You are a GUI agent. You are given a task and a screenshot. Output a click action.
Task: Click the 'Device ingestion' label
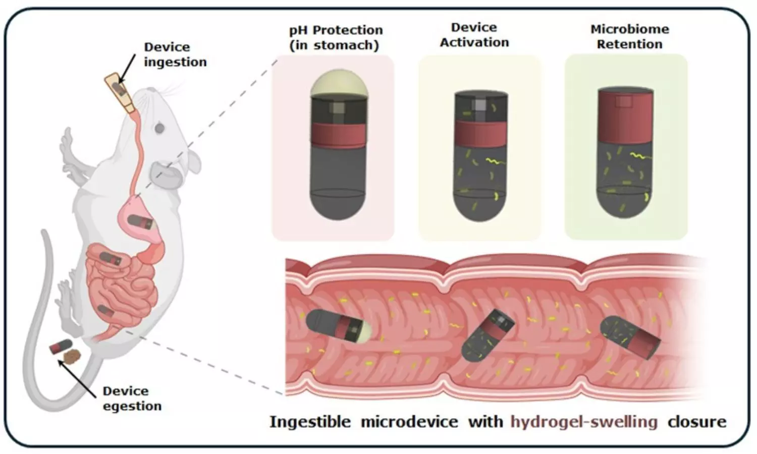175,54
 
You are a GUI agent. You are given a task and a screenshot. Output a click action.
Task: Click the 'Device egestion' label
132,399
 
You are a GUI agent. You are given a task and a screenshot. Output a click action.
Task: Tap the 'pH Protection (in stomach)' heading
336,37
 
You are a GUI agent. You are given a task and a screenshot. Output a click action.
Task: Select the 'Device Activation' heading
474,35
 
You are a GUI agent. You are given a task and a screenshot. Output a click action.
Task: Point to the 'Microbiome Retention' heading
629,36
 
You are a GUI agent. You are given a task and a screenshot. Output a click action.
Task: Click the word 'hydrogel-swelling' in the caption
584,422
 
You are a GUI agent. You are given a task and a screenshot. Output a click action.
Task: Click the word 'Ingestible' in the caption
310,422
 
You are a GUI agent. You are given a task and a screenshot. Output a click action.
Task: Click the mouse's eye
159,128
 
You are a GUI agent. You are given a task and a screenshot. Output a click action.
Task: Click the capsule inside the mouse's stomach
140,221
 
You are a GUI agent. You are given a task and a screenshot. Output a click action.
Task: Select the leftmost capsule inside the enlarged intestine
338,326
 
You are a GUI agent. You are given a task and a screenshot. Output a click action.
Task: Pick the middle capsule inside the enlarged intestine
486,335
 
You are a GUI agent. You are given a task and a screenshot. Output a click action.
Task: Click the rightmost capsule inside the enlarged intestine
630,337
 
